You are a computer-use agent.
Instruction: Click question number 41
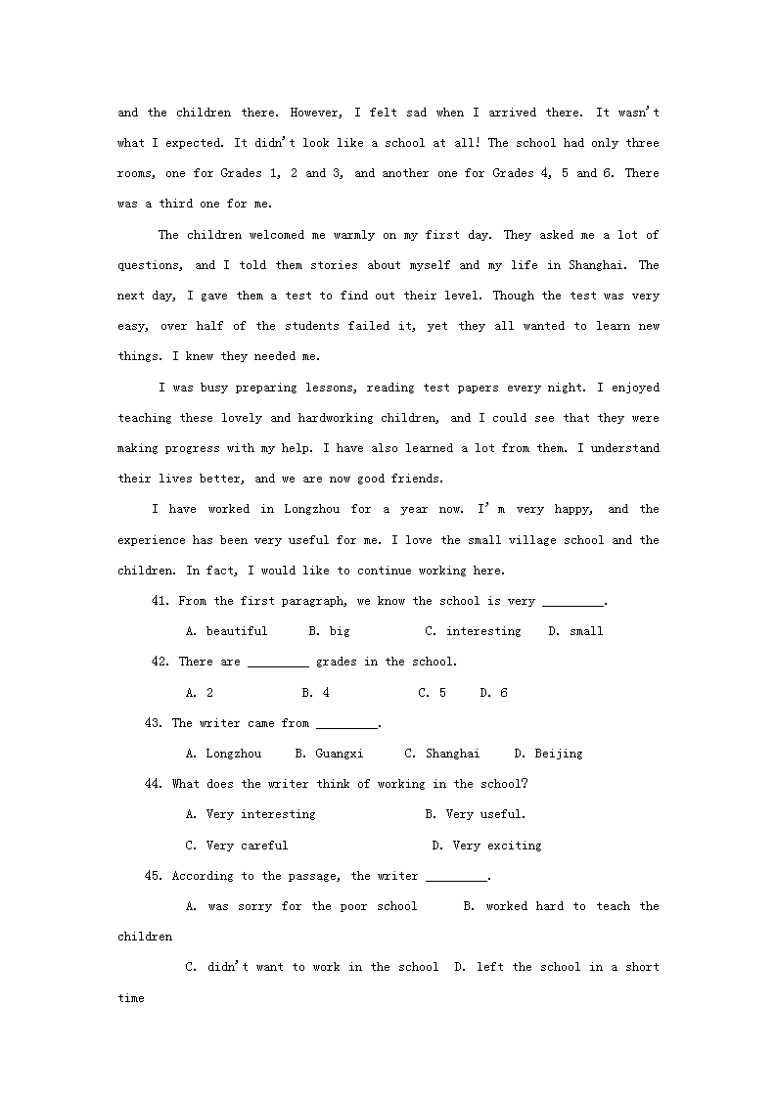click(x=161, y=601)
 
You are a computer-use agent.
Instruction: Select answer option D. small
click(x=575, y=631)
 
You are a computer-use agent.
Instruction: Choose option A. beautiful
click(x=226, y=631)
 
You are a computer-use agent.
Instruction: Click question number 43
click(x=154, y=723)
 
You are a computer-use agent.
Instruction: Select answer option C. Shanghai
click(x=442, y=754)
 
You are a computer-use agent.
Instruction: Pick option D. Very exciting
click(x=486, y=846)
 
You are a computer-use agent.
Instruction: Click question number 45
click(x=154, y=876)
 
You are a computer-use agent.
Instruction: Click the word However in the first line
click(x=323, y=113)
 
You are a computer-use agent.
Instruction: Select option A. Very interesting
click(x=251, y=814)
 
